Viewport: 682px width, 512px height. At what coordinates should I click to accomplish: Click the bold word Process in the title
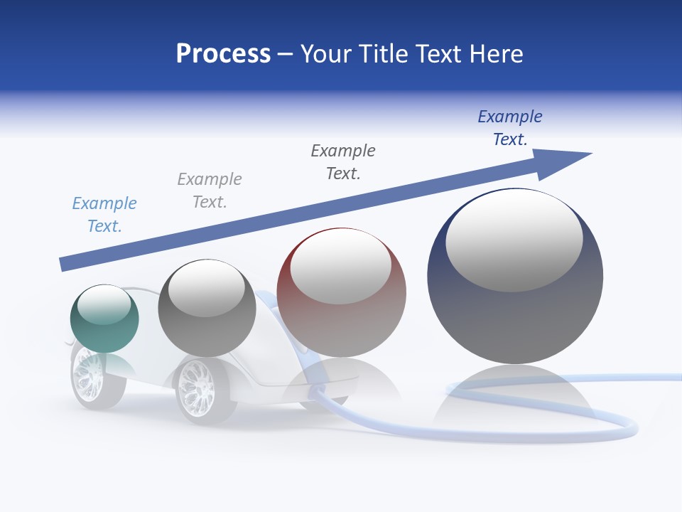(x=223, y=54)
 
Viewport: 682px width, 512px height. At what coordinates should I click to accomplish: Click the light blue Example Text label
(x=104, y=215)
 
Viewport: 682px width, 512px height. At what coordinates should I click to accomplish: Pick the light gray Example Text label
(x=210, y=191)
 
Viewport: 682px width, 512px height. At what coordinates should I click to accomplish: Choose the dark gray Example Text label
(x=343, y=162)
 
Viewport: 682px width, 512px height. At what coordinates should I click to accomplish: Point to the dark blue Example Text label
(x=510, y=128)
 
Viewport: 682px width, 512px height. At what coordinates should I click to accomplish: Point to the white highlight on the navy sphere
(x=514, y=238)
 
